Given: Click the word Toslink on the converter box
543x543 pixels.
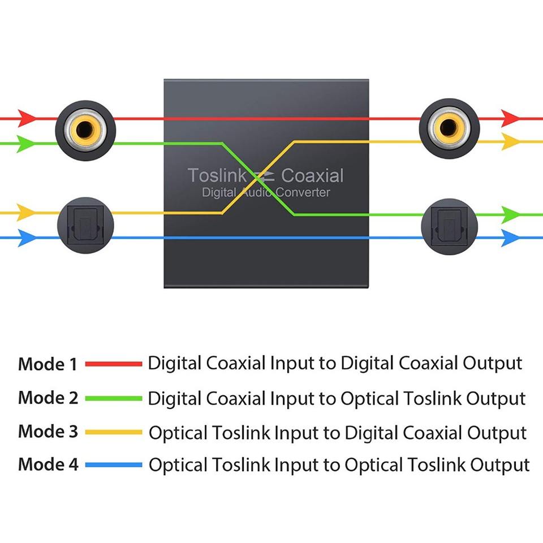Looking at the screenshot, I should tap(217, 176).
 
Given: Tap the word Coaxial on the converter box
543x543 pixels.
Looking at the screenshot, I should tap(312, 176).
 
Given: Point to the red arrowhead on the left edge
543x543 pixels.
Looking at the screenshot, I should tap(25, 119).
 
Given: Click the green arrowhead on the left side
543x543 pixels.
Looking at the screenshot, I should tap(25, 144).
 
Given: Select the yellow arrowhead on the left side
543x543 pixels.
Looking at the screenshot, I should tap(25, 213).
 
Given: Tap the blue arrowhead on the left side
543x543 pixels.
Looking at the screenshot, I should tap(25, 238).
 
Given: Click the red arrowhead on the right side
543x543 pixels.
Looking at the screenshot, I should tap(510, 119).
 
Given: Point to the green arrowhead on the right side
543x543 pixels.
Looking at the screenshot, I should tap(510, 214).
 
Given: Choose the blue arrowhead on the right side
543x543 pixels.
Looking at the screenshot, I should tap(510, 238).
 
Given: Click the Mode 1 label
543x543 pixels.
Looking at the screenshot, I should tap(48, 364).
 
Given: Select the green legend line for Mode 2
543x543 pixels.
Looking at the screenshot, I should tap(114, 398).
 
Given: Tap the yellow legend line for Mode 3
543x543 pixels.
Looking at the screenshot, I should tap(114, 432).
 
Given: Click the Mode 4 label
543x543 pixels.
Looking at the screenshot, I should tap(48, 465).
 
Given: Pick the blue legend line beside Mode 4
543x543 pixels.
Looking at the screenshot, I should tap(114, 465).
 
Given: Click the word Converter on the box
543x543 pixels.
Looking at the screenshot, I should tap(303, 193).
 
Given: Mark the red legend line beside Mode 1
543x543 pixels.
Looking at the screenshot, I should tap(114, 364).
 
